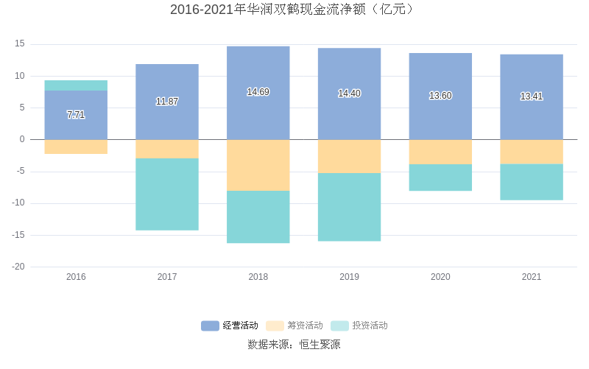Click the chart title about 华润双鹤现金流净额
click(294, 10)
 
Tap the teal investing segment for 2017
click(167, 194)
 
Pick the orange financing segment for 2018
click(258, 165)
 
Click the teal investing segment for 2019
click(350, 207)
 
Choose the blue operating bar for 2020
click(440, 96)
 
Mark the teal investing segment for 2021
click(532, 182)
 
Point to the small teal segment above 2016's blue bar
click(76, 85)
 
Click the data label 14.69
click(258, 92)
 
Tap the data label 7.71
click(76, 115)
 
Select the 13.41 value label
click(532, 96)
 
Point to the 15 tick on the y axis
click(20, 44)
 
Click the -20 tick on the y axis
click(18, 267)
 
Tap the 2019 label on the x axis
click(350, 277)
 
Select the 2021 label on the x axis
click(532, 277)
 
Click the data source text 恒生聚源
click(294, 345)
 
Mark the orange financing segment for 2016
click(76, 147)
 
